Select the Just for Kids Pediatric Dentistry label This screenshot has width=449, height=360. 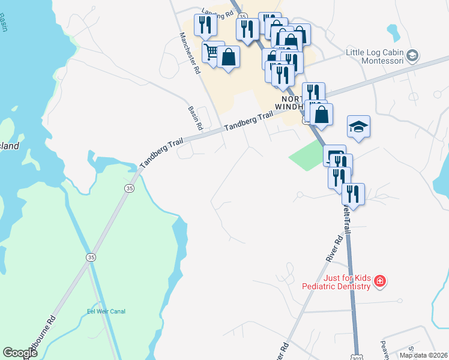[x=340, y=281]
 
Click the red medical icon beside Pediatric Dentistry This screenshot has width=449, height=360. [x=379, y=281]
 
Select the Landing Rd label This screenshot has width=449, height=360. [x=217, y=12]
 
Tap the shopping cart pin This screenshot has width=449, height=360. [x=211, y=52]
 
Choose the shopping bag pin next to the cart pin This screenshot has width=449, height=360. [x=229, y=58]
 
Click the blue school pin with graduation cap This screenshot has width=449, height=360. [x=358, y=127]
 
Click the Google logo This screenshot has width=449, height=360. [x=20, y=353]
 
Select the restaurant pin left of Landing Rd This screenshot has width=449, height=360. [x=206, y=25]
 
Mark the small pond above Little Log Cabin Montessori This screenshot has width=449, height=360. [x=393, y=29]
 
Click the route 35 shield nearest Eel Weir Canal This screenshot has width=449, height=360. [x=91, y=257]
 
